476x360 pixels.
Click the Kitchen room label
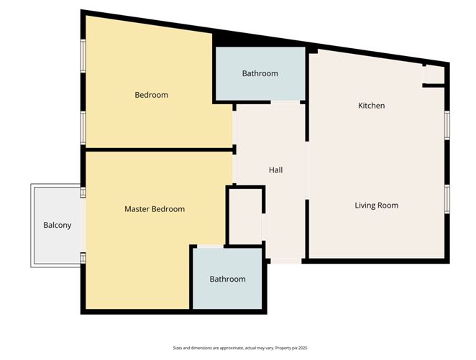click(x=372, y=106)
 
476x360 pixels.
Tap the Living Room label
click(x=376, y=206)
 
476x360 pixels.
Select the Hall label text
click(x=275, y=170)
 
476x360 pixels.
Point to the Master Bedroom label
click(x=155, y=209)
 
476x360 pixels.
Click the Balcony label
click(x=58, y=225)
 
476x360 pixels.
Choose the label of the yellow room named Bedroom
click(x=151, y=95)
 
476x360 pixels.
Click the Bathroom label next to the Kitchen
click(x=260, y=73)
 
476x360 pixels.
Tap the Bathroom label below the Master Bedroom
click(x=227, y=279)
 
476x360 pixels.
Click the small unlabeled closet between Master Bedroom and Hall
click(x=244, y=216)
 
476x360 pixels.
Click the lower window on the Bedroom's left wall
click(x=83, y=128)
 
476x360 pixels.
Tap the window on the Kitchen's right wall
click(x=447, y=124)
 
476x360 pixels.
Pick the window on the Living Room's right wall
click(x=447, y=198)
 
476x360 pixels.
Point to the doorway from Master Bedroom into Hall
click(x=234, y=169)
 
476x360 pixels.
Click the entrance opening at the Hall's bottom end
click(x=285, y=261)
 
